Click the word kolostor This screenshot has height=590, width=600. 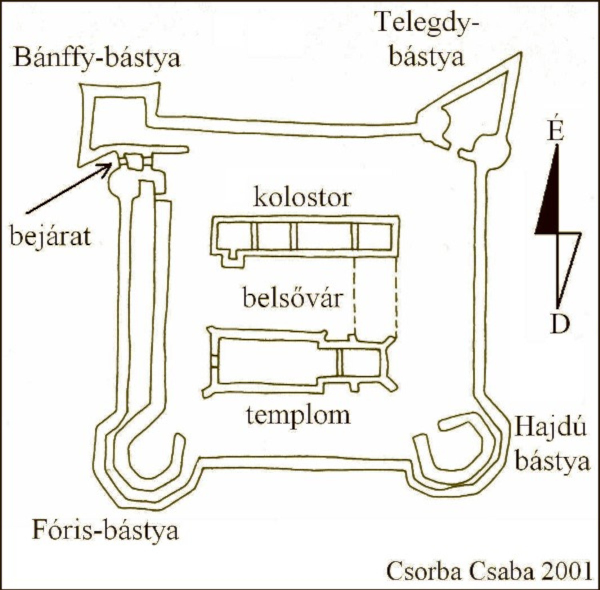coord(302,198)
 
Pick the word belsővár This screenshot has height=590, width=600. coord(293,298)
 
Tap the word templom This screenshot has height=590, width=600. coord(298,415)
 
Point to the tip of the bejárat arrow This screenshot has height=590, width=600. coord(112,164)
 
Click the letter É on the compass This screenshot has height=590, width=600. coord(556,131)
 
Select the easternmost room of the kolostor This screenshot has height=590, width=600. coord(374,236)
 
